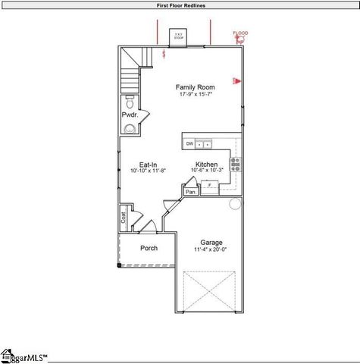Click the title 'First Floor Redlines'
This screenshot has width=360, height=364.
(x=180, y=5)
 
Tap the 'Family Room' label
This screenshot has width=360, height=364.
(x=196, y=87)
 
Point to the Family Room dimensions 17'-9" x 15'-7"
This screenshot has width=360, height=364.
(x=196, y=95)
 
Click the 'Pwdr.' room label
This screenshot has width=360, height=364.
(x=129, y=115)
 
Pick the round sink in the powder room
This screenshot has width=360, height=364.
(x=129, y=128)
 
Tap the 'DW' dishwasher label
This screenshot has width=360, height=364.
(x=189, y=143)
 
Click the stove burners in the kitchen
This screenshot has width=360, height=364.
(x=236, y=164)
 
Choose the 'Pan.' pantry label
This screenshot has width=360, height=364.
(x=191, y=192)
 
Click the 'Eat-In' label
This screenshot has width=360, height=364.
(x=148, y=165)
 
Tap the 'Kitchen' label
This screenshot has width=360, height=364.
(x=207, y=165)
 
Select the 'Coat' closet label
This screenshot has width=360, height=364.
(x=123, y=218)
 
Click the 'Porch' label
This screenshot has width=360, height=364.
(x=149, y=249)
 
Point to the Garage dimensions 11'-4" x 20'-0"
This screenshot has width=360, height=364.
(x=211, y=249)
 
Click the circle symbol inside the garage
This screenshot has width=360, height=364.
(x=235, y=203)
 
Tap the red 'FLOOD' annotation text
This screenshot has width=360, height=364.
(x=240, y=33)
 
